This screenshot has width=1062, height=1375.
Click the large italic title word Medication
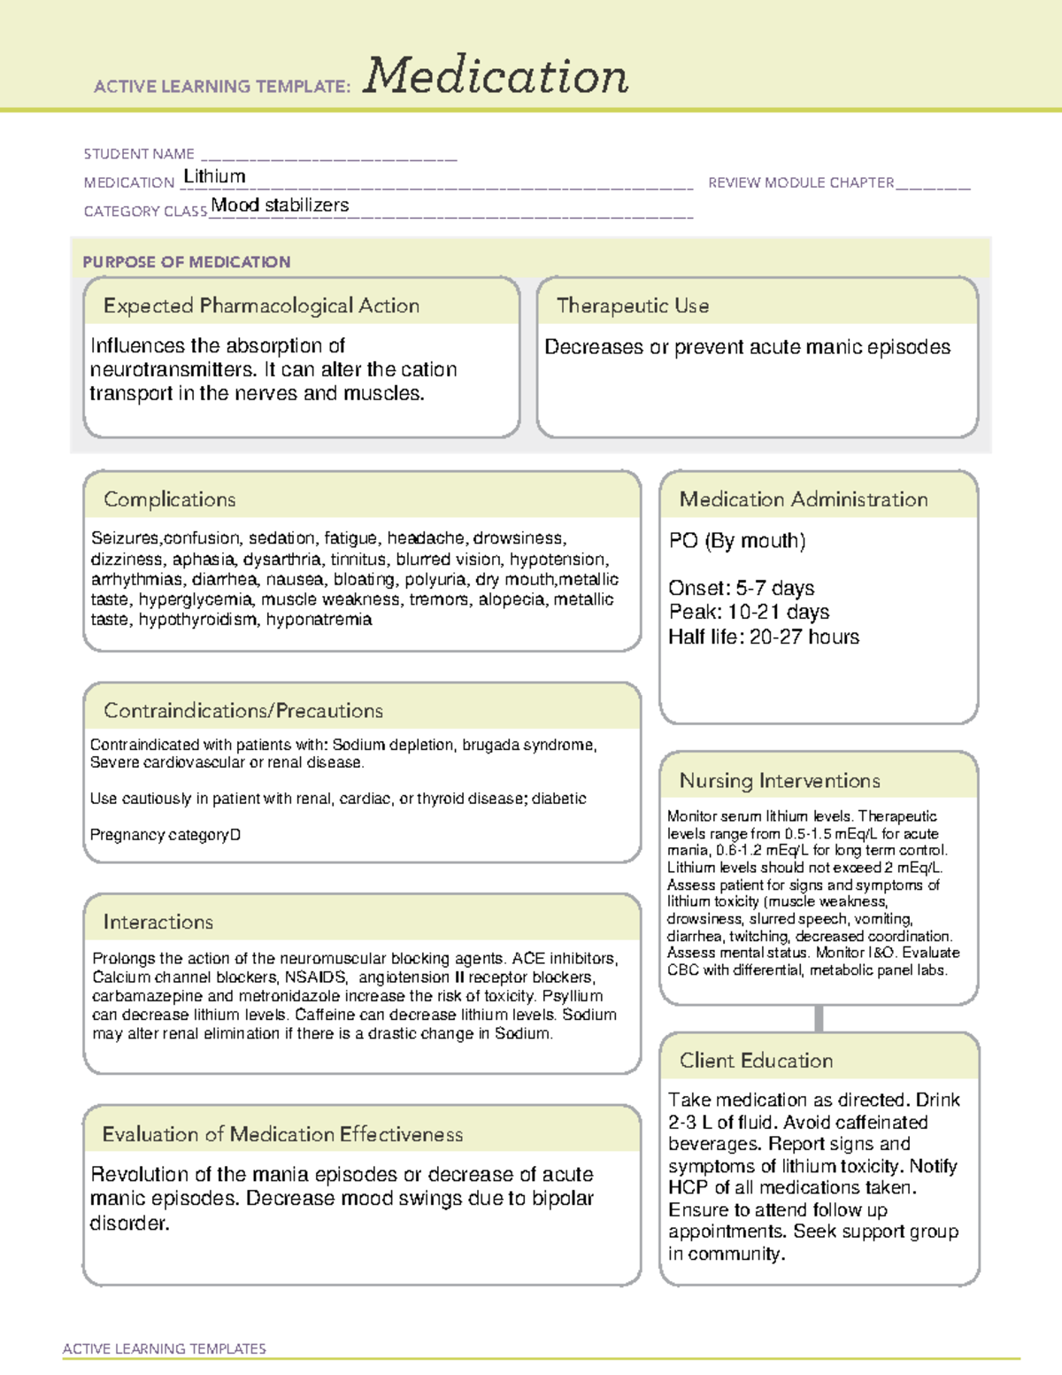pos(496,76)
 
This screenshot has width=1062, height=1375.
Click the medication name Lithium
pos(214,176)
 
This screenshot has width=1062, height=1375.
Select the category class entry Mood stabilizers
pos(280,205)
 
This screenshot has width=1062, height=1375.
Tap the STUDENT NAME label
pos(139,154)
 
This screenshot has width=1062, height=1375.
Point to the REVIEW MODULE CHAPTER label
pos(801,182)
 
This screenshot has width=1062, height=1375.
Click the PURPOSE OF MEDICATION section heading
pos(186,262)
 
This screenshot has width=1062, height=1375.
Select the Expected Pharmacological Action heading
pos(261,305)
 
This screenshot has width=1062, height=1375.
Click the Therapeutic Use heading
pos(633,305)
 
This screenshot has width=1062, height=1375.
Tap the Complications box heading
pos(169,499)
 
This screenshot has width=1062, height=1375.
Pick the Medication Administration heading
pos(804,499)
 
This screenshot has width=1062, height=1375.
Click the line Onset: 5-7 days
pos(741,588)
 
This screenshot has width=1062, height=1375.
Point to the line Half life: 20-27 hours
pos(763,637)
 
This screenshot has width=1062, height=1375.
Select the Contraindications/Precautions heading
pos(243,710)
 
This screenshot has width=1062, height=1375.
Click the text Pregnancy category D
pos(165,835)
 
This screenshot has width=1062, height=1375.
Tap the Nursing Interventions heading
pos(780,780)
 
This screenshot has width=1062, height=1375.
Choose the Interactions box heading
pos(158,922)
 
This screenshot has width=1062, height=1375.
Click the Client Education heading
pos(756,1061)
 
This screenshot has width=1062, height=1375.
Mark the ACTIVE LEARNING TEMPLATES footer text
pos(165,1348)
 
